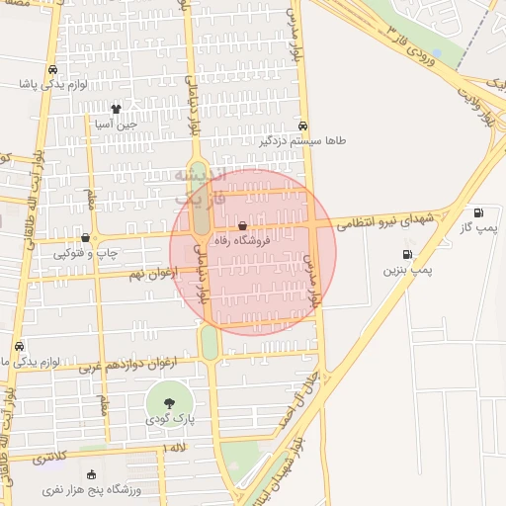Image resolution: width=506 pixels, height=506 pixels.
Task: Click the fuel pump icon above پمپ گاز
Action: point(479,212)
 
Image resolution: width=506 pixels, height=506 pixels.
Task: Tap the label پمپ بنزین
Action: point(407,269)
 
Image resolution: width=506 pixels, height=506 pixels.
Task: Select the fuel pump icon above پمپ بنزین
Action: point(407,254)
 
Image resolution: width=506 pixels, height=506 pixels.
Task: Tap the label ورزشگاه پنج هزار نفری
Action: point(92,489)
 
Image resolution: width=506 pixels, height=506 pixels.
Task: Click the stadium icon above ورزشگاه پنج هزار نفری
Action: point(92,474)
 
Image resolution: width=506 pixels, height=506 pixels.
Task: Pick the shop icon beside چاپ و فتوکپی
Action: point(86,237)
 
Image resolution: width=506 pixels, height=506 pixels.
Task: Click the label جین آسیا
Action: point(114,125)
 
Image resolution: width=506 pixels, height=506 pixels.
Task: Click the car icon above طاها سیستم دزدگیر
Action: point(303,126)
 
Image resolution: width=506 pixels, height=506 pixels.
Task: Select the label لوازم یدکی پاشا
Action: point(52,84)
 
